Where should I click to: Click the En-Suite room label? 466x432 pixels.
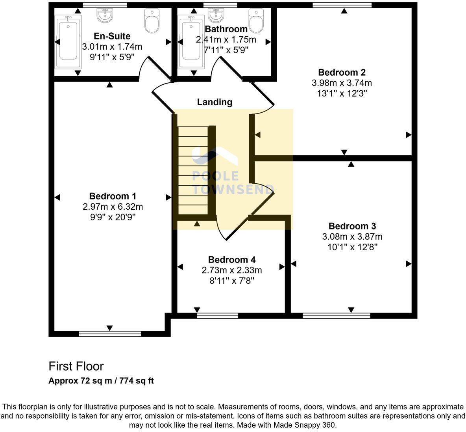(x=112, y=37)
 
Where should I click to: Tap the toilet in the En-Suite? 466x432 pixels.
(x=151, y=21)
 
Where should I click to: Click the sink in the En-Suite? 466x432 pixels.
(x=105, y=15)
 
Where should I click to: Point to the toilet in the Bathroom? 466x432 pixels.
(x=256, y=21)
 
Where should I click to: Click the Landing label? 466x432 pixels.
(x=215, y=102)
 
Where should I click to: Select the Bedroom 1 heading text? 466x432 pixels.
(x=113, y=196)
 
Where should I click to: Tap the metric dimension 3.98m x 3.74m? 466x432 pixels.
(x=342, y=83)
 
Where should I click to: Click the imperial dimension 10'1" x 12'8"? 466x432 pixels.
(x=352, y=247)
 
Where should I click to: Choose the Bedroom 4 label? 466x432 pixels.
(x=232, y=259)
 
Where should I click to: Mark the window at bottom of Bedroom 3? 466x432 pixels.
(x=337, y=315)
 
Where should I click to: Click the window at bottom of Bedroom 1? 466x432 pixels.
(x=110, y=334)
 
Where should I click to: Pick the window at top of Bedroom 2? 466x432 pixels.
(x=342, y=5)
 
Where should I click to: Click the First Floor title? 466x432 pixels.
(x=76, y=366)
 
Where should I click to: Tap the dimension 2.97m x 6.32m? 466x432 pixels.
(x=113, y=207)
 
